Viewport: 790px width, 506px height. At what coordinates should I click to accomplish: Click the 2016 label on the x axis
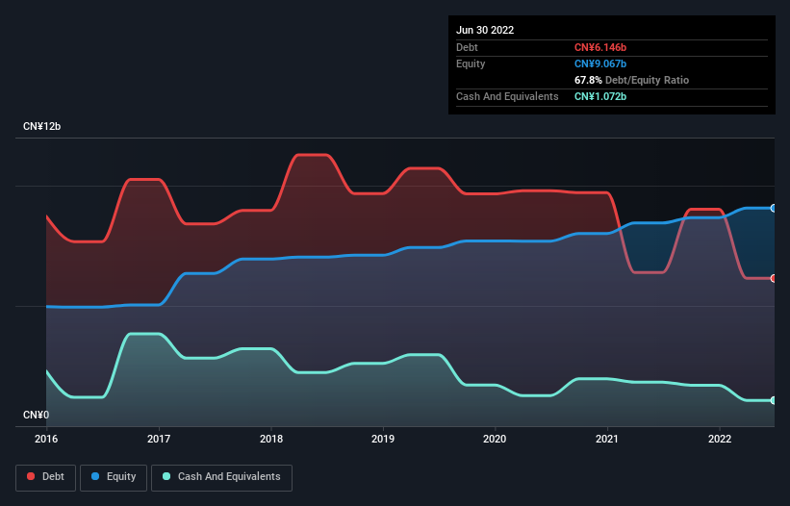pyautogui.click(x=46, y=440)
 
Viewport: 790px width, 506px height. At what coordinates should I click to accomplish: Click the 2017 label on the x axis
pyautogui.click(x=159, y=440)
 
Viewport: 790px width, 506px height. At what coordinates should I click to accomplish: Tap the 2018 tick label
pyautogui.click(x=271, y=440)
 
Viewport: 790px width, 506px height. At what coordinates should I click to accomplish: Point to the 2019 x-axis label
pyautogui.click(x=383, y=440)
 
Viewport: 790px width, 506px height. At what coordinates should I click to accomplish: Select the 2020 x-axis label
pyautogui.click(x=496, y=440)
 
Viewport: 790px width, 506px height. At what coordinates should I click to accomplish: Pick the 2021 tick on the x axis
pyautogui.click(x=607, y=440)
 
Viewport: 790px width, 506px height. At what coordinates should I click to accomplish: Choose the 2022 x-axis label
pyautogui.click(x=720, y=440)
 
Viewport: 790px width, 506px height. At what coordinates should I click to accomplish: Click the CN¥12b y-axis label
pyautogui.click(x=42, y=127)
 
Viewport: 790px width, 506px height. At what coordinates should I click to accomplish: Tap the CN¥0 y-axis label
pyautogui.click(x=35, y=416)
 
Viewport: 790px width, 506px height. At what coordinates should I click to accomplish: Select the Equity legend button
pyautogui.click(x=115, y=477)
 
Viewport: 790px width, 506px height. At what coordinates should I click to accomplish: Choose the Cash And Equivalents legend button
pyautogui.click(x=221, y=477)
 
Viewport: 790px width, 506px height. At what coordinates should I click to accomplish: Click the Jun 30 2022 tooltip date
pyautogui.click(x=485, y=30)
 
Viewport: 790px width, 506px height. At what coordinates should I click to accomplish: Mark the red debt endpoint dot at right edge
pyautogui.click(x=773, y=278)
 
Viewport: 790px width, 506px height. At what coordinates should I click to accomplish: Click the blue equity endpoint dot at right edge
pyautogui.click(x=773, y=208)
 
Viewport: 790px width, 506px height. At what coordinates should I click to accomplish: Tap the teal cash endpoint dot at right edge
pyautogui.click(x=773, y=400)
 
